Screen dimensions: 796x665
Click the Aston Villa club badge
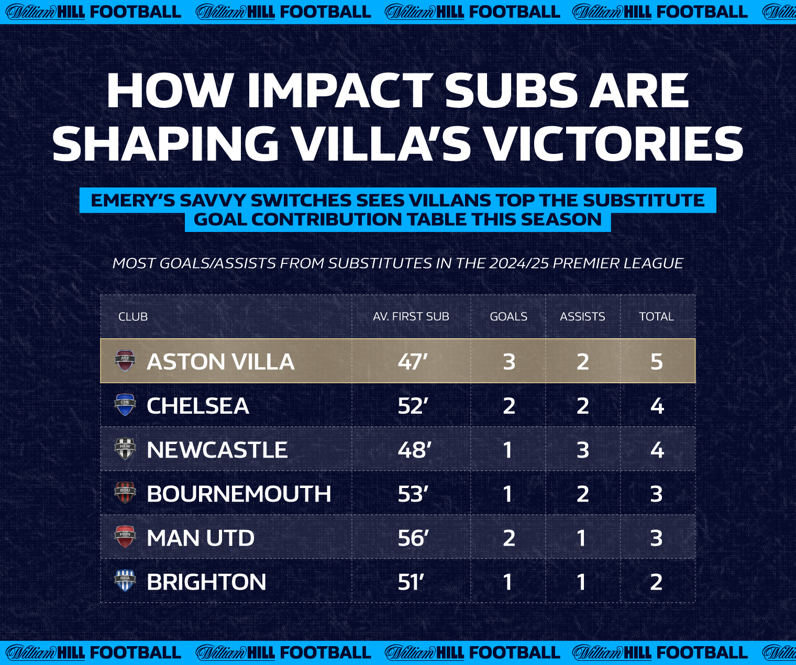(125, 360)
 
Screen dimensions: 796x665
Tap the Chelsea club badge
(125, 405)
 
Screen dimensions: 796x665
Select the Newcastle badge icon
(125, 449)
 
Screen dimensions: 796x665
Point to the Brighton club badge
(125, 581)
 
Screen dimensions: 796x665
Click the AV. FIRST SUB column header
(411, 316)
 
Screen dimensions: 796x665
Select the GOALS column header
(508, 316)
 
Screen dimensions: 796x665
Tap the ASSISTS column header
(582, 316)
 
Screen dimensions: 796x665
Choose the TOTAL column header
(657, 316)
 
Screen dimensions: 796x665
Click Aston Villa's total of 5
(657, 361)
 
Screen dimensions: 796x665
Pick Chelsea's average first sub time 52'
(413, 406)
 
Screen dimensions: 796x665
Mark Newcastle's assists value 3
(582, 450)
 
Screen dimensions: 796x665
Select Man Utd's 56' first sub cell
(413, 538)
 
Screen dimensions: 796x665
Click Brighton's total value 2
(656, 582)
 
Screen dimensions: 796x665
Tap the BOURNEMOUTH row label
(239, 494)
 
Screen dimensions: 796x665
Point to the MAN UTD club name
(201, 538)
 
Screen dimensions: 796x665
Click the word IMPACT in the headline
(340, 91)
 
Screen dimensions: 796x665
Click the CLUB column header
(132, 316)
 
